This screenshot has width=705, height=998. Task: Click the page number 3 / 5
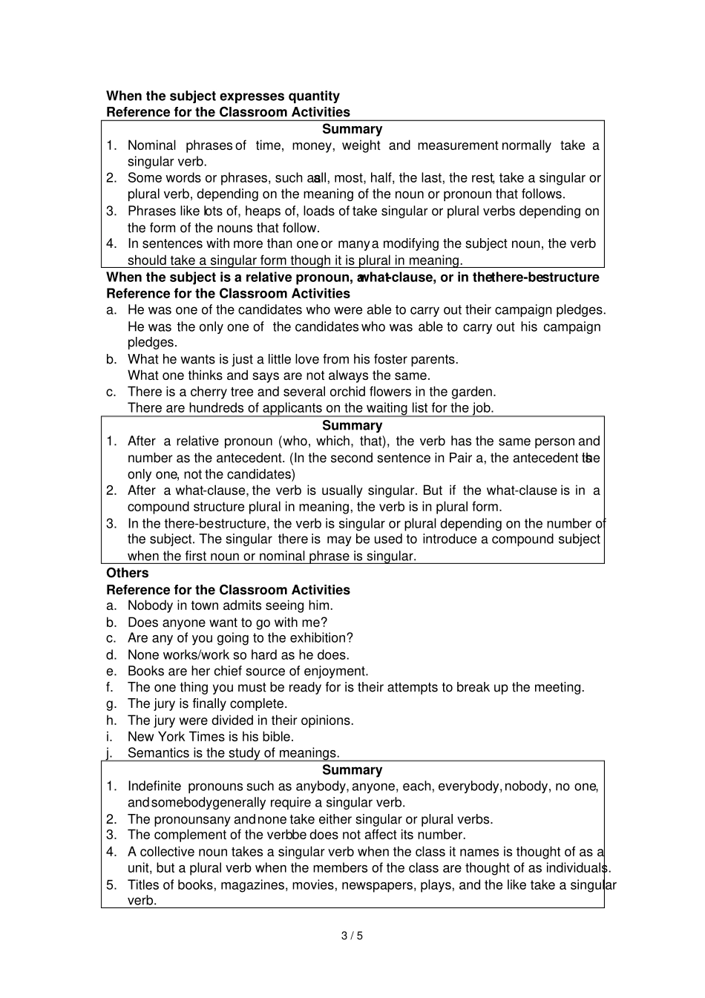click(352, 935)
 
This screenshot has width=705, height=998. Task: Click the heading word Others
click(128, 573)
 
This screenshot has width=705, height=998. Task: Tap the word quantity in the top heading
click(314, 96)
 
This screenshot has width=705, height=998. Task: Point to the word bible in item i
click(278, 737)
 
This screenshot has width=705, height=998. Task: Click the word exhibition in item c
click(318, 638)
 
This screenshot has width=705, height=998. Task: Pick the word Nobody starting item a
click(151, 605)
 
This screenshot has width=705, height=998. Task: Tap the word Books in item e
click(145, 671)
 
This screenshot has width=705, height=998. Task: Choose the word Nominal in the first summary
click(152, 145)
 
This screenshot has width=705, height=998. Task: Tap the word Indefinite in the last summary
click(154, 786)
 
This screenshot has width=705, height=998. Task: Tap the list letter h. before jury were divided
click(111, 720)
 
